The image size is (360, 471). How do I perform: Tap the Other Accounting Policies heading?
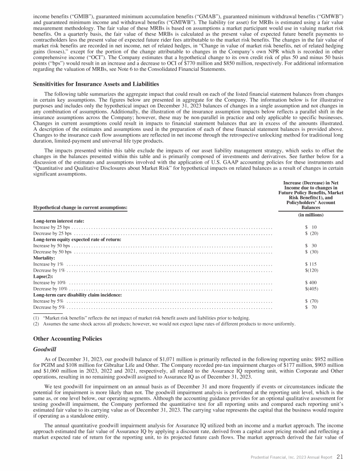pos(67,339)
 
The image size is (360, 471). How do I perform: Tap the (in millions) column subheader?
pos(311,215)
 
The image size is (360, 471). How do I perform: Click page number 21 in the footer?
pos(340,457)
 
